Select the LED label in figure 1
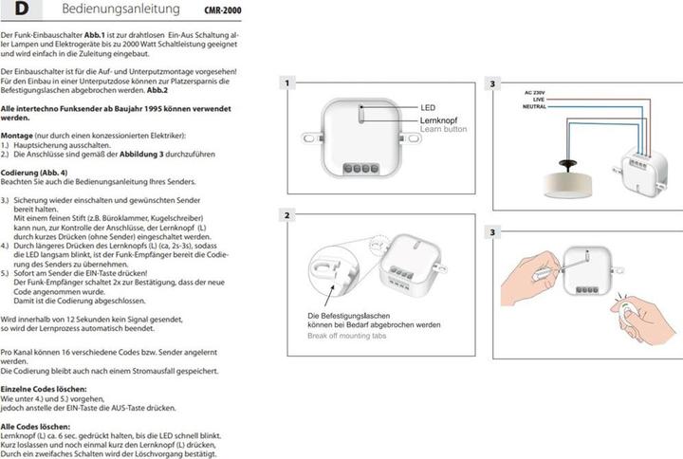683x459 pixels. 428,108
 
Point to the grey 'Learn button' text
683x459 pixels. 444,130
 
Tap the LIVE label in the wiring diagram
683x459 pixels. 538,99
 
